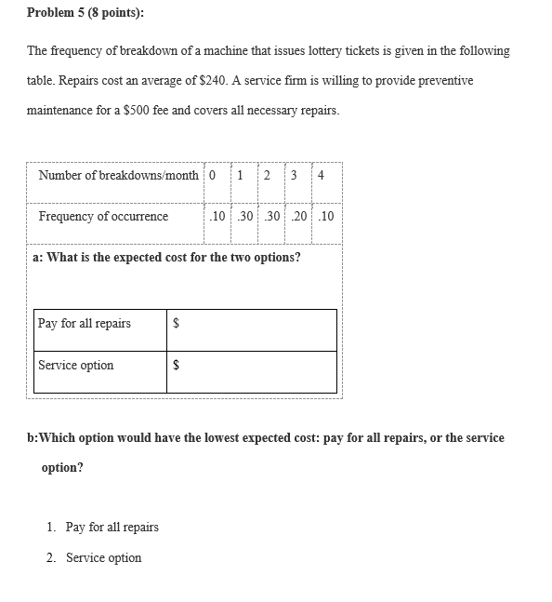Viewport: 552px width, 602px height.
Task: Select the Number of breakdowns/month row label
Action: pos(118,175)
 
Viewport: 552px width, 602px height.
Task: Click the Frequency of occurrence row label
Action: pos(103,217)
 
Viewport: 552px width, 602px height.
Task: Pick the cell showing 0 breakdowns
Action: pos(213,175)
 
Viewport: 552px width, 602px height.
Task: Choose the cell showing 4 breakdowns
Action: pos(321,175)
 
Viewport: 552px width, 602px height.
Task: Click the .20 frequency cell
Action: pos(299,217)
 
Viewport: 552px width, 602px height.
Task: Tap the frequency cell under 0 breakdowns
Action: pos(217,217)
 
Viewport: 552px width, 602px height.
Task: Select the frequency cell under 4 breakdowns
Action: pos(326,217)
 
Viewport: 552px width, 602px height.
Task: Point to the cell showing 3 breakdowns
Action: pos(294,175)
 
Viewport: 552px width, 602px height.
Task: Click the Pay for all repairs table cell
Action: pos(85,324)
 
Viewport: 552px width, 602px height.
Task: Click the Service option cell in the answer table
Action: pos(76,366)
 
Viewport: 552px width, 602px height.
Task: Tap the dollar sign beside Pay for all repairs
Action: pos(177,325)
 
